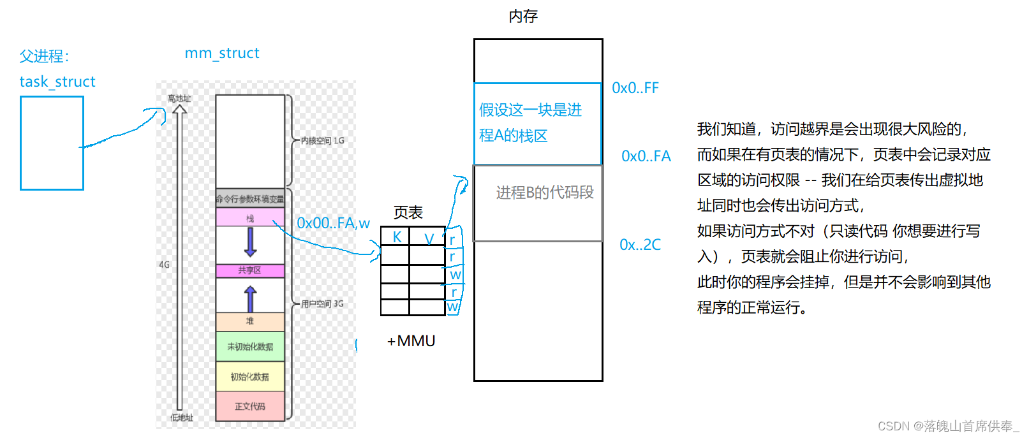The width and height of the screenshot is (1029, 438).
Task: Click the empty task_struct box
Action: [x=52, y=143]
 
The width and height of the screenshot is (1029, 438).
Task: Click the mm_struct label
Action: [x=222, y=53]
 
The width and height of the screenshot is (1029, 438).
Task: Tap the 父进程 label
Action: [x=44, y=56]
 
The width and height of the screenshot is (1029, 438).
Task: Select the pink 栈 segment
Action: [x=250, y=218]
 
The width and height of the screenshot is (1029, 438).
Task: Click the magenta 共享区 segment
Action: [x=250, y=271]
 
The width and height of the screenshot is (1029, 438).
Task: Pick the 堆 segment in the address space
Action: [x=250, y=321]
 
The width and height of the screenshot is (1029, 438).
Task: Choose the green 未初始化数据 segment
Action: [x=250, y=347]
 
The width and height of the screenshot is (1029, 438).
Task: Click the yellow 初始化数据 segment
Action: [x=250, y=377]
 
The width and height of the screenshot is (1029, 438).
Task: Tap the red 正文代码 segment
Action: [x=250, y=406]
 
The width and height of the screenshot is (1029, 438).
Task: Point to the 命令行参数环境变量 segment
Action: [x=250, y=199]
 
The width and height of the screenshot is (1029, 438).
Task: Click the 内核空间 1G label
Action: [x=323, y=140]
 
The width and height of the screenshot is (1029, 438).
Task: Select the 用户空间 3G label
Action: [x=323, y=304]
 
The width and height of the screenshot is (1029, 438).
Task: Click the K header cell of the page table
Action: [x=396, y=237]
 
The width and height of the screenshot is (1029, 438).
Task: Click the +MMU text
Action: [x=411, y=341]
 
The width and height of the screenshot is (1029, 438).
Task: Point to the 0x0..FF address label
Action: [x=635, y=88]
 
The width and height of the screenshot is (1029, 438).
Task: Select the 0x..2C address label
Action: [x=640, y=245]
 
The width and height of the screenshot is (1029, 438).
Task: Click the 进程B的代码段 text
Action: [x=545, y=193]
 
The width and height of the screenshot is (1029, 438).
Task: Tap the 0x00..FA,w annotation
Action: [x=333, y=223]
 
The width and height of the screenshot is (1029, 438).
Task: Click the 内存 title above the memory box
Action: [x=523, y=17]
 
